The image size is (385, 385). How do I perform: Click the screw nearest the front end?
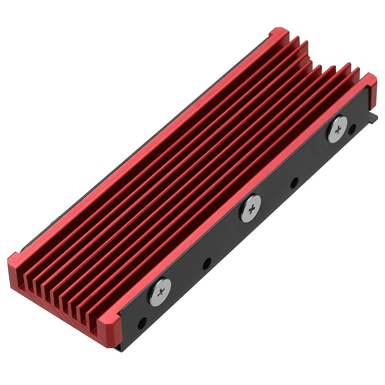point(160,292)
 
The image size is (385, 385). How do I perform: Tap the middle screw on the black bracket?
point(250,209)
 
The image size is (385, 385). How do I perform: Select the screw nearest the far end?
point(338,129)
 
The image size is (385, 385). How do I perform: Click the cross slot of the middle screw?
point(250,209)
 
